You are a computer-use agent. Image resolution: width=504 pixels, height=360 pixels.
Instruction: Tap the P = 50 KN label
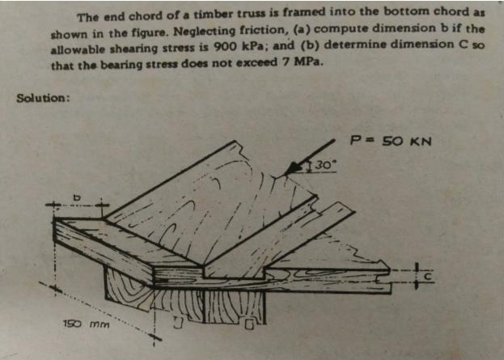(x=391, y=141)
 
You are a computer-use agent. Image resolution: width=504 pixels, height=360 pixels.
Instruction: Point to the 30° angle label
(x=324, y=165)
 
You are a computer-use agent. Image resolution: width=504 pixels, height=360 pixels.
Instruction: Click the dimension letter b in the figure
(x=76, y=197)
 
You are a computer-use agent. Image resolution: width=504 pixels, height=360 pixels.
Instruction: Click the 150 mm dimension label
(x=86, y=324)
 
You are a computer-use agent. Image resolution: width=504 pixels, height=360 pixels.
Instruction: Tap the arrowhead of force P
(x=293, y=168)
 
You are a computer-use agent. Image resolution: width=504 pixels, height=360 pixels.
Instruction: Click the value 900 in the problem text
(x=224, y=47)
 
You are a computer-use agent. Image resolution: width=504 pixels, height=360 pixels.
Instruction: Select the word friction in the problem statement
(x=269, y=30)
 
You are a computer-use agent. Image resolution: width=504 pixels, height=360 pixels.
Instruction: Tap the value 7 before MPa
(x=285, y=61)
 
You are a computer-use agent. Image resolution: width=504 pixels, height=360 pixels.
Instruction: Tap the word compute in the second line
(x=340, y=28)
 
